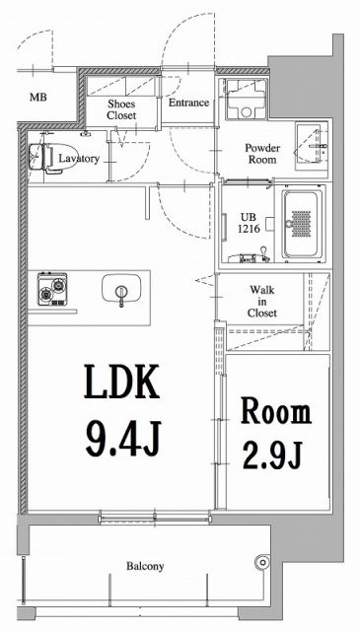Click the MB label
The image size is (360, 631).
point(37,98)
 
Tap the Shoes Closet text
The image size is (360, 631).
point(122,108)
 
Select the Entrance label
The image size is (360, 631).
point(188,103)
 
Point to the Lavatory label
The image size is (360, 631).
point(78,158)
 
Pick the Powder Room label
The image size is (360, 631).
point(263,153)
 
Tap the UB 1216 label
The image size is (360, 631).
point(248,222)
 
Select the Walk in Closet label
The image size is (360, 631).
point(262,301)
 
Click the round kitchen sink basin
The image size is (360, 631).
point(120,292)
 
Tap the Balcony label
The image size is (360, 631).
point(144,567)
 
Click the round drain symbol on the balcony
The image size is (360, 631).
point(261,564)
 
